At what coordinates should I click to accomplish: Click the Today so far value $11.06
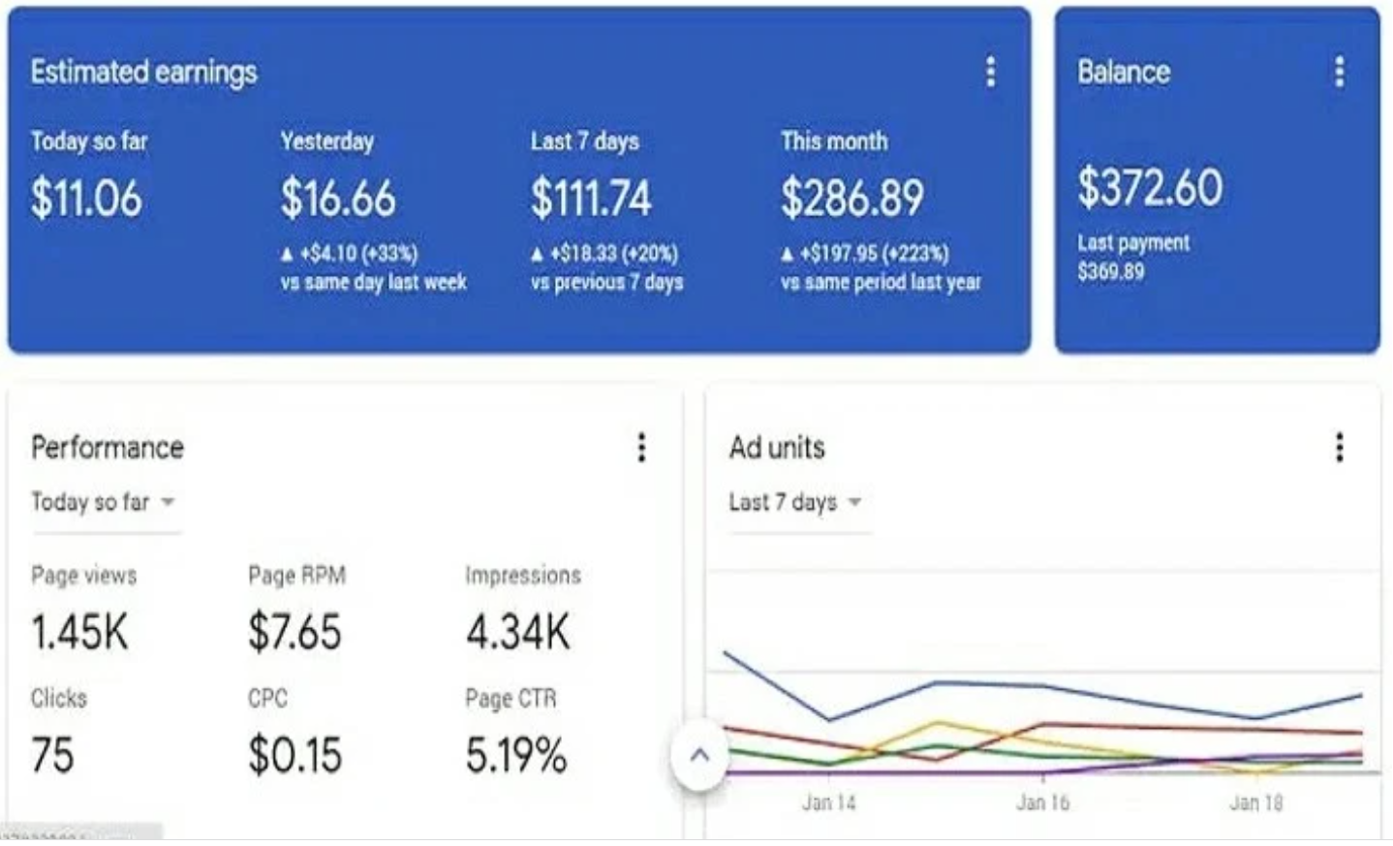point(86,199)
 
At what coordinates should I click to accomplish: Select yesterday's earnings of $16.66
point(338,199)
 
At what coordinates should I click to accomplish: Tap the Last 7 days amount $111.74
point(591,199)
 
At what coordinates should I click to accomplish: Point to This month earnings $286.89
point(852,199)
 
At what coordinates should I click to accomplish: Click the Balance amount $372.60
point(1150,187)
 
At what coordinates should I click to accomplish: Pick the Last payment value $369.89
point(1111,271)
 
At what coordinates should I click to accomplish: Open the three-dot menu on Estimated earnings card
point(990,72)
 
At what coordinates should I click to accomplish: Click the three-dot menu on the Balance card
point(1339,72)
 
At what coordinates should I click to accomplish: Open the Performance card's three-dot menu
point(641,448)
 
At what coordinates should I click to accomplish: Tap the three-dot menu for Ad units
point(1339,448)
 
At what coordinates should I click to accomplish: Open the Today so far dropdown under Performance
point(104,502)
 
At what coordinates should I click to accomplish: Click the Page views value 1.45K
point(79,633)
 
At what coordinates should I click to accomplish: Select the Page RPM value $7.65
point(294,633)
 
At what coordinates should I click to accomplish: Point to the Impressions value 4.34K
point(518,633)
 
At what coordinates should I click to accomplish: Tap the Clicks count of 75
point(52,756)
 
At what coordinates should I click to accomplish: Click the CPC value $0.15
point(294,756)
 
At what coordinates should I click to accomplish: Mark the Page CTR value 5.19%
point(515,756)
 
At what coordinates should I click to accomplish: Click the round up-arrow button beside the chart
point(699,756)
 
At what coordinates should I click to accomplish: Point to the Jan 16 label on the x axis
point(1042,802)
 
